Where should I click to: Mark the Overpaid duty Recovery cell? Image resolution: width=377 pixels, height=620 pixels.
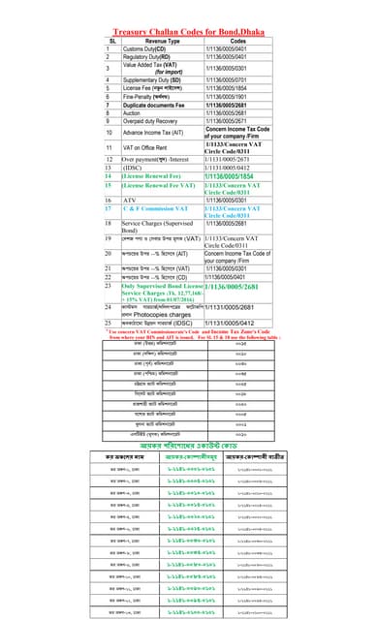point(160,120)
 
